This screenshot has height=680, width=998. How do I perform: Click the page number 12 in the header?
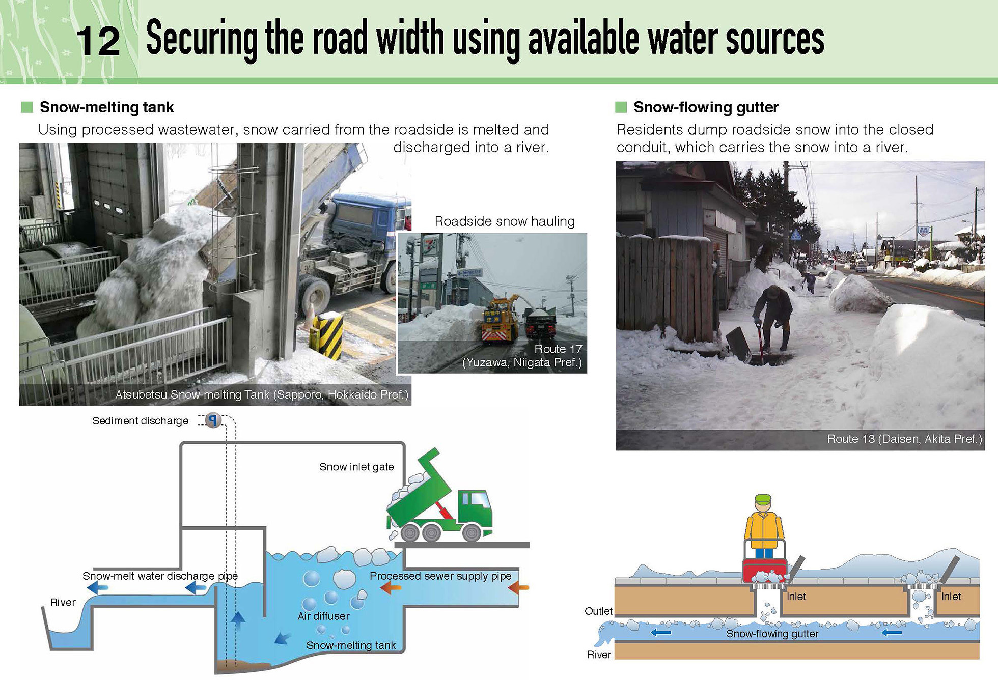pos(98,42)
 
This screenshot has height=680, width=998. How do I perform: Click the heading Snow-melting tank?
pos(107,107)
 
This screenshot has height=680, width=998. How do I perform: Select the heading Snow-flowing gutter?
pos(706,107)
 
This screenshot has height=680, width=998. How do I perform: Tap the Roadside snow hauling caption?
pos(505,221)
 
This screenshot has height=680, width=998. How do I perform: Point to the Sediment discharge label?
pos(140,421)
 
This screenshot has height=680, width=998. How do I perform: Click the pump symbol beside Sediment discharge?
pos(213,420)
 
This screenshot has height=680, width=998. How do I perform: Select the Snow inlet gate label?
pos(356,467)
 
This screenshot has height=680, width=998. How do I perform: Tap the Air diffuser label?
pos(323,616)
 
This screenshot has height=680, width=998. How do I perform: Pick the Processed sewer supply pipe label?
pos(440,576)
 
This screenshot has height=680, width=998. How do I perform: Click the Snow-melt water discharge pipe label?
pos(160,576)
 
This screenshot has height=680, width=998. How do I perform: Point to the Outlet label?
pos(598,611)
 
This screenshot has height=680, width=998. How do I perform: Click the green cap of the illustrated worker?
pos(763,499)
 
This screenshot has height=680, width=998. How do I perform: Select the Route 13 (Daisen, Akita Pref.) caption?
pos(904,439)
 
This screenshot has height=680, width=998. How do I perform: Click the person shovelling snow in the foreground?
pos(772,318)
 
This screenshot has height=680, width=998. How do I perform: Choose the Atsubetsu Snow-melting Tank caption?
pos(262,394)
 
